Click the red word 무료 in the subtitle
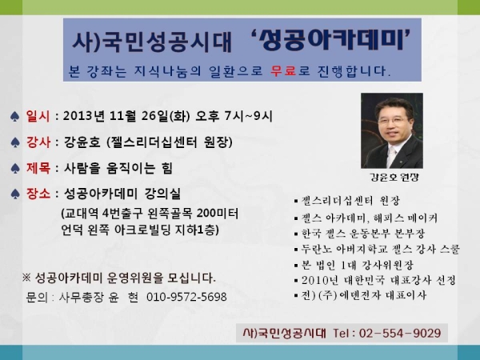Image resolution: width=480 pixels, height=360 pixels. click(283, 71)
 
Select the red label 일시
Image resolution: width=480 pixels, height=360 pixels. click(38, 116)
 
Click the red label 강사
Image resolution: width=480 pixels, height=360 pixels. click(38, 142)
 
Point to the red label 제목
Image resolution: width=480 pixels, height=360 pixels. click(38, 168)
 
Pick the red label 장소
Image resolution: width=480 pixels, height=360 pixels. click(38, 194)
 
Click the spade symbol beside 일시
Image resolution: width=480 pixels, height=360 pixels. click(14, 116)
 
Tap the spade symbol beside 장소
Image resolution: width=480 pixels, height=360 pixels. click(15, 194)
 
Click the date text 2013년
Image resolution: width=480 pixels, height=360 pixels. click(83, 116)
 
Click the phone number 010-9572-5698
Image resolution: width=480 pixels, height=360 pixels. click(186, 297)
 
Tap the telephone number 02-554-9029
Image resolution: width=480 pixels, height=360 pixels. click(400, 333)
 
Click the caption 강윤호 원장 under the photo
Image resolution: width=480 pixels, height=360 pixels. click(394, 177)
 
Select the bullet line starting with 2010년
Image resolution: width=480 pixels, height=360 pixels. click(375, 280)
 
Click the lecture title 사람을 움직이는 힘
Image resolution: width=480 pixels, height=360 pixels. click(118, 168)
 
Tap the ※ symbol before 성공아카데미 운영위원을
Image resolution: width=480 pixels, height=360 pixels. click(26, 278)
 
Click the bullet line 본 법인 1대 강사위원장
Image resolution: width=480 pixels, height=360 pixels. click(354, 265)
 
